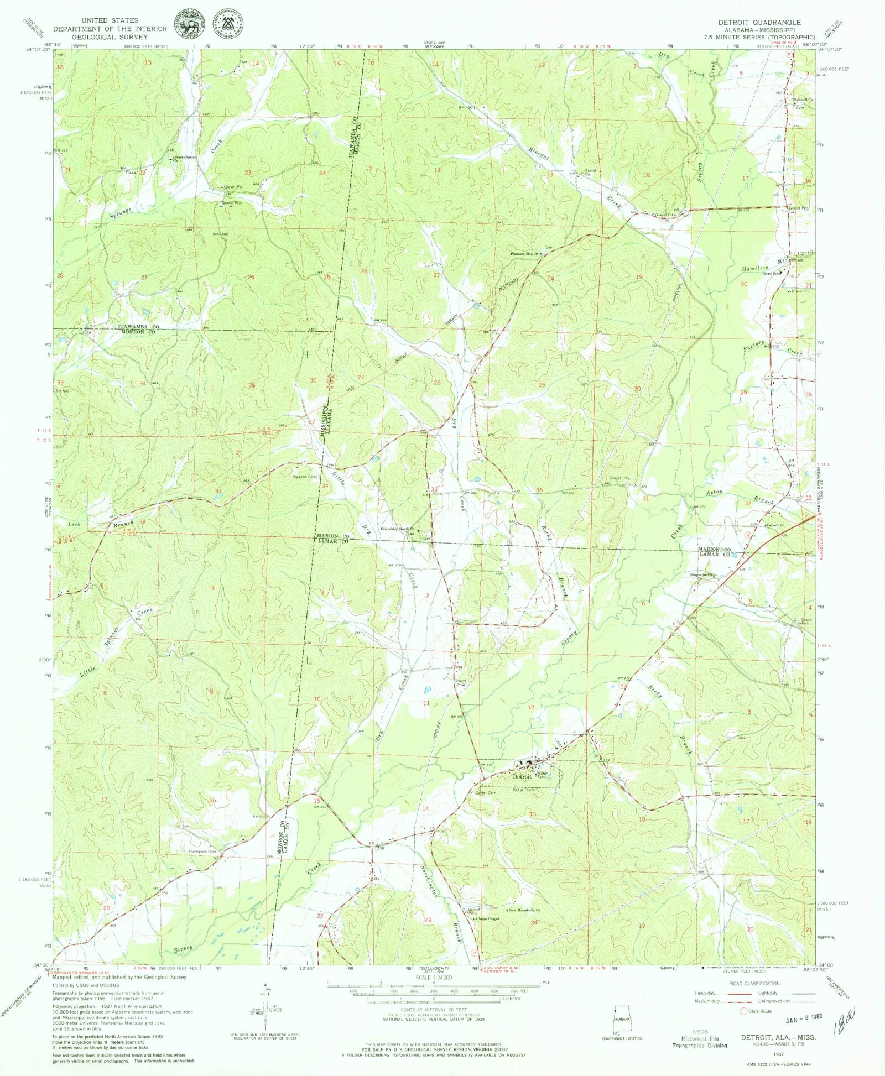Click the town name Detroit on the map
pos(522,776)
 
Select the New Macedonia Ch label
pos(524,910)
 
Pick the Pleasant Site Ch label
pos(524,254)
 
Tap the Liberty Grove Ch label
pos(184,159)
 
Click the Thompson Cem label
pos(202,852)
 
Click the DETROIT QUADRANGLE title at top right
pos(756,22)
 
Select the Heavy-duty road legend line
pos(738,993)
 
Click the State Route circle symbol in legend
pos(744,1011)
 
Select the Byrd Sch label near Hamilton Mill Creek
pos(771,273)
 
